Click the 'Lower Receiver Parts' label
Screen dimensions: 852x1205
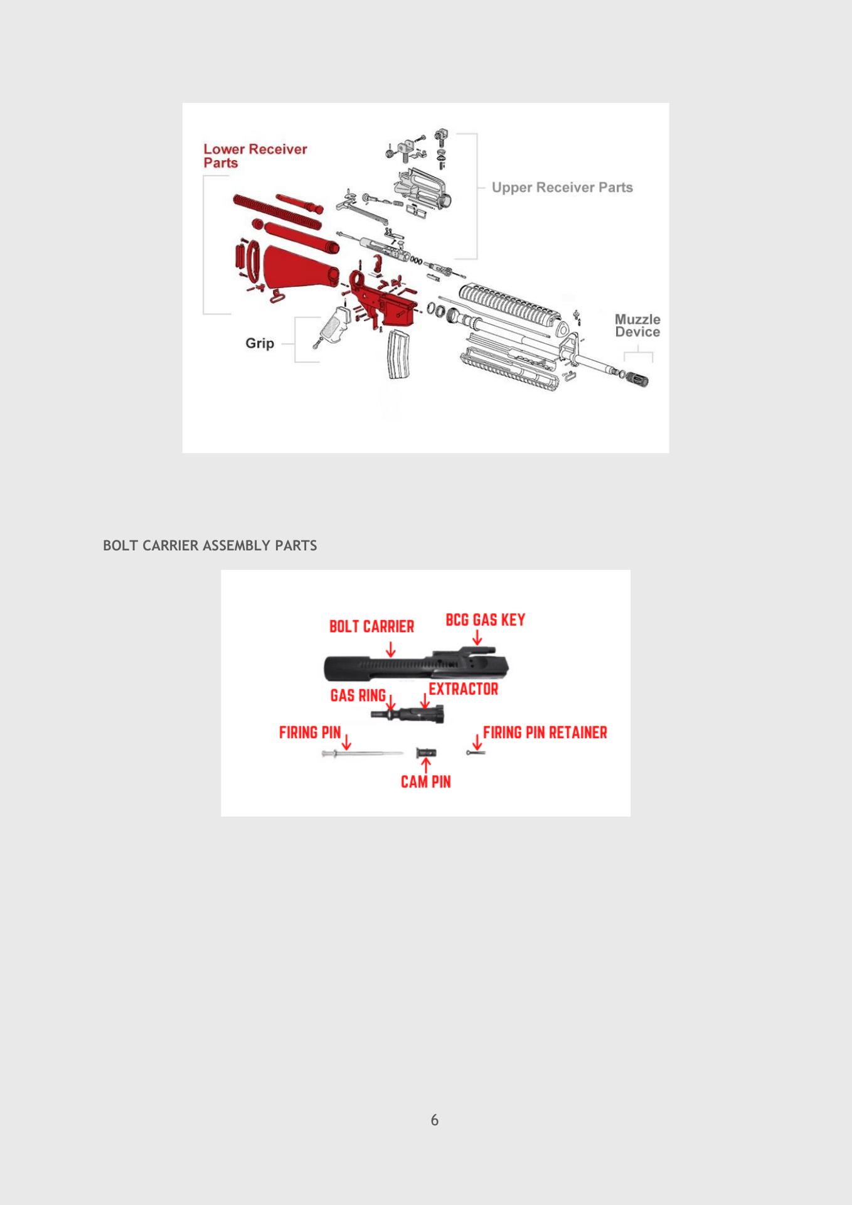(255, 156)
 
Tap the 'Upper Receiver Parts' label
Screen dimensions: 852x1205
(562, 187)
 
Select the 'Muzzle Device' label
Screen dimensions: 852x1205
(637, 326)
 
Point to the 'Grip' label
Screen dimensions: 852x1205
(260, 343)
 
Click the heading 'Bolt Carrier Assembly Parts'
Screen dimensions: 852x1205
(210, 545)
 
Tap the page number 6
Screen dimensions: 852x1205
(435, 1120)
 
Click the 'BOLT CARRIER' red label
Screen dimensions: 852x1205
(372, 626)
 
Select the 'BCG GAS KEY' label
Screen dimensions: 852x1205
(486, 619)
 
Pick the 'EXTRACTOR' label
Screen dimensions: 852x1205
(464, 688)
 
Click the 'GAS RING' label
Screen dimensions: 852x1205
(358, 695)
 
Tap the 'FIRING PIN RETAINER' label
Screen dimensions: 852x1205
(545, 732)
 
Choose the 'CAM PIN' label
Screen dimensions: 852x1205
(426, 781)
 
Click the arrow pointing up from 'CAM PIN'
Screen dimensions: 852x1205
(427, 766)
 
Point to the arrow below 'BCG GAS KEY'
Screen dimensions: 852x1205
(477, 638)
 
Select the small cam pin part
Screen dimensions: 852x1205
(426, 752)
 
